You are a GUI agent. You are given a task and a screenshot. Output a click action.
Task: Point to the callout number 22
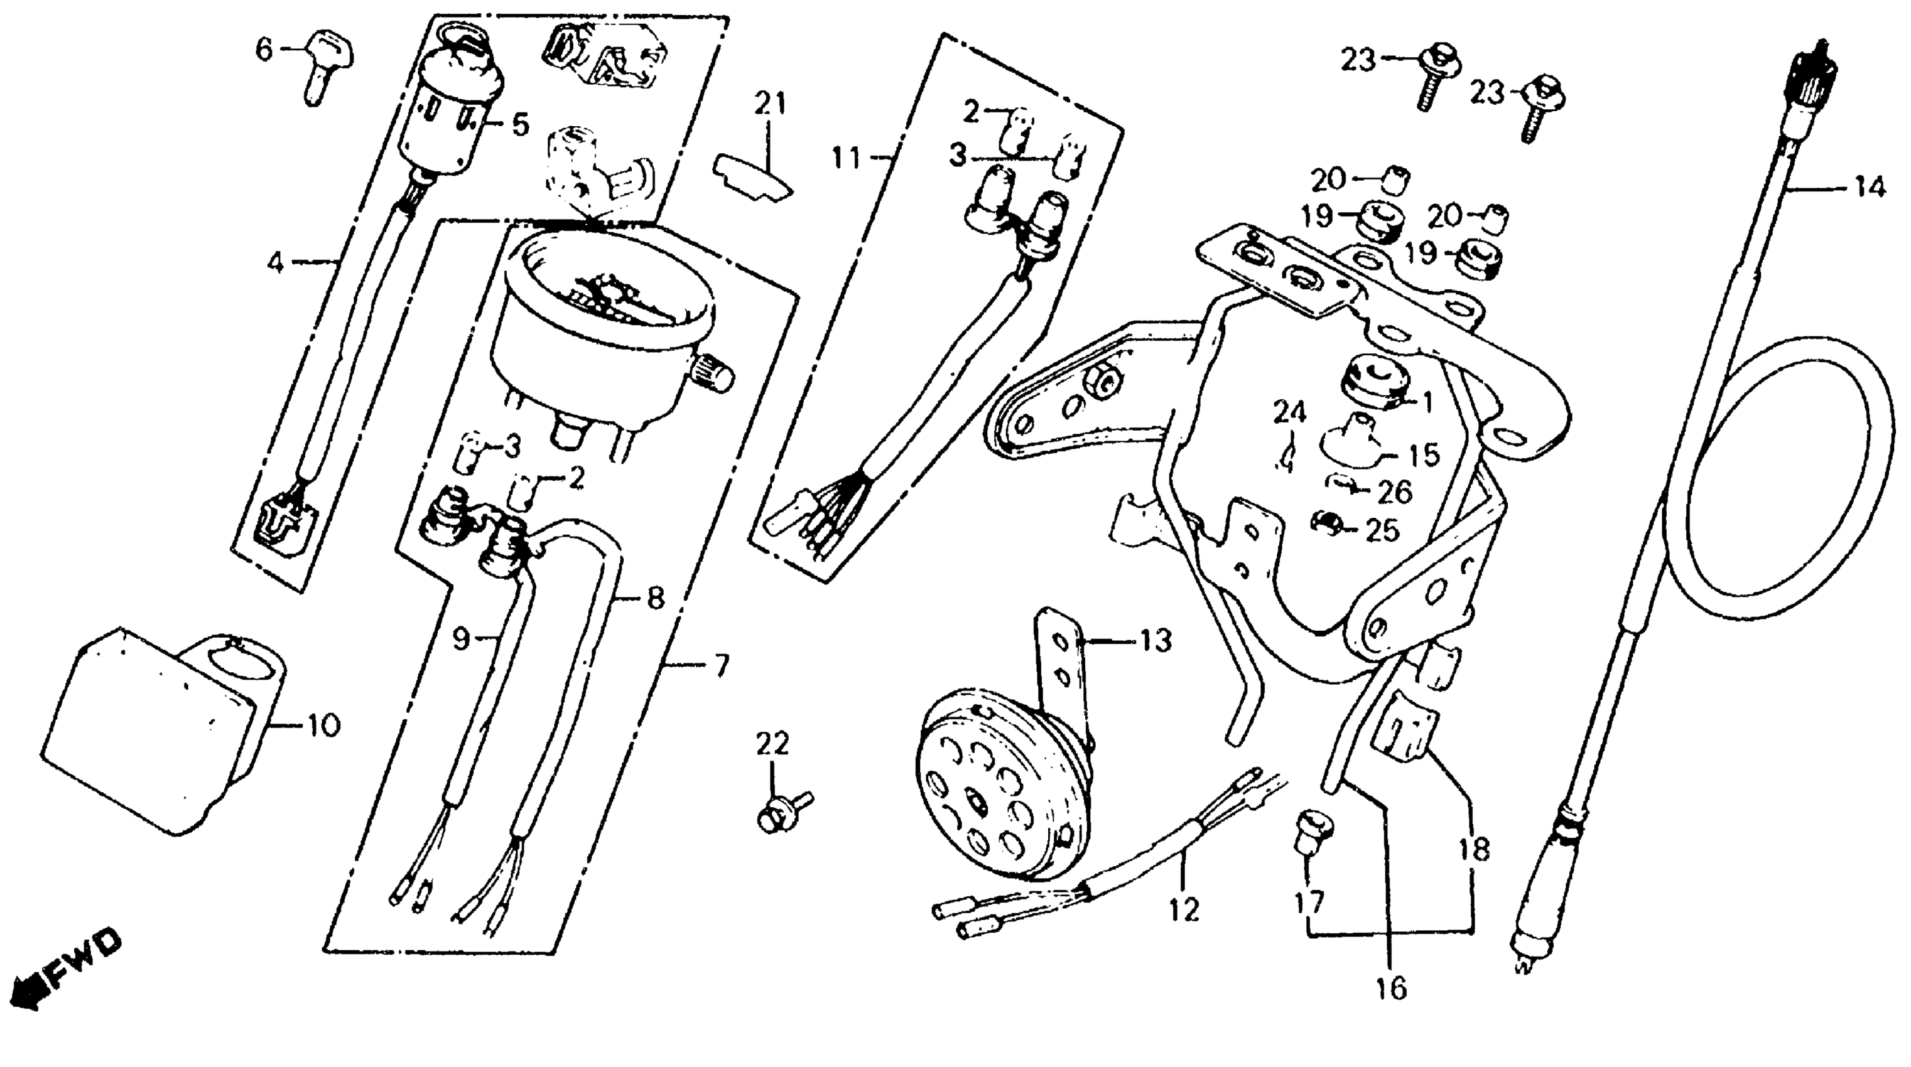(x=772, y=744)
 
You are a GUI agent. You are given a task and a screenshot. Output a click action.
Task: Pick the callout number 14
(x=1869, y=187)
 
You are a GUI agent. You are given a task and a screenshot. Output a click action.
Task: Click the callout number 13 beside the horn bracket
(x=1154, y=641)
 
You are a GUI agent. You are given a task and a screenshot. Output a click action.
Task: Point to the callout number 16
(x=1390, y=988)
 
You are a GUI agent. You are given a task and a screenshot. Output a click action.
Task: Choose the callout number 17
(x=1309, y=903)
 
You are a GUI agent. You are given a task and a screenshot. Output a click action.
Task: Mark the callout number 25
(x=1382, y=530)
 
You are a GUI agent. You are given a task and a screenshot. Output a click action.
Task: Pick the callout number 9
(x=462, y=638)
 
